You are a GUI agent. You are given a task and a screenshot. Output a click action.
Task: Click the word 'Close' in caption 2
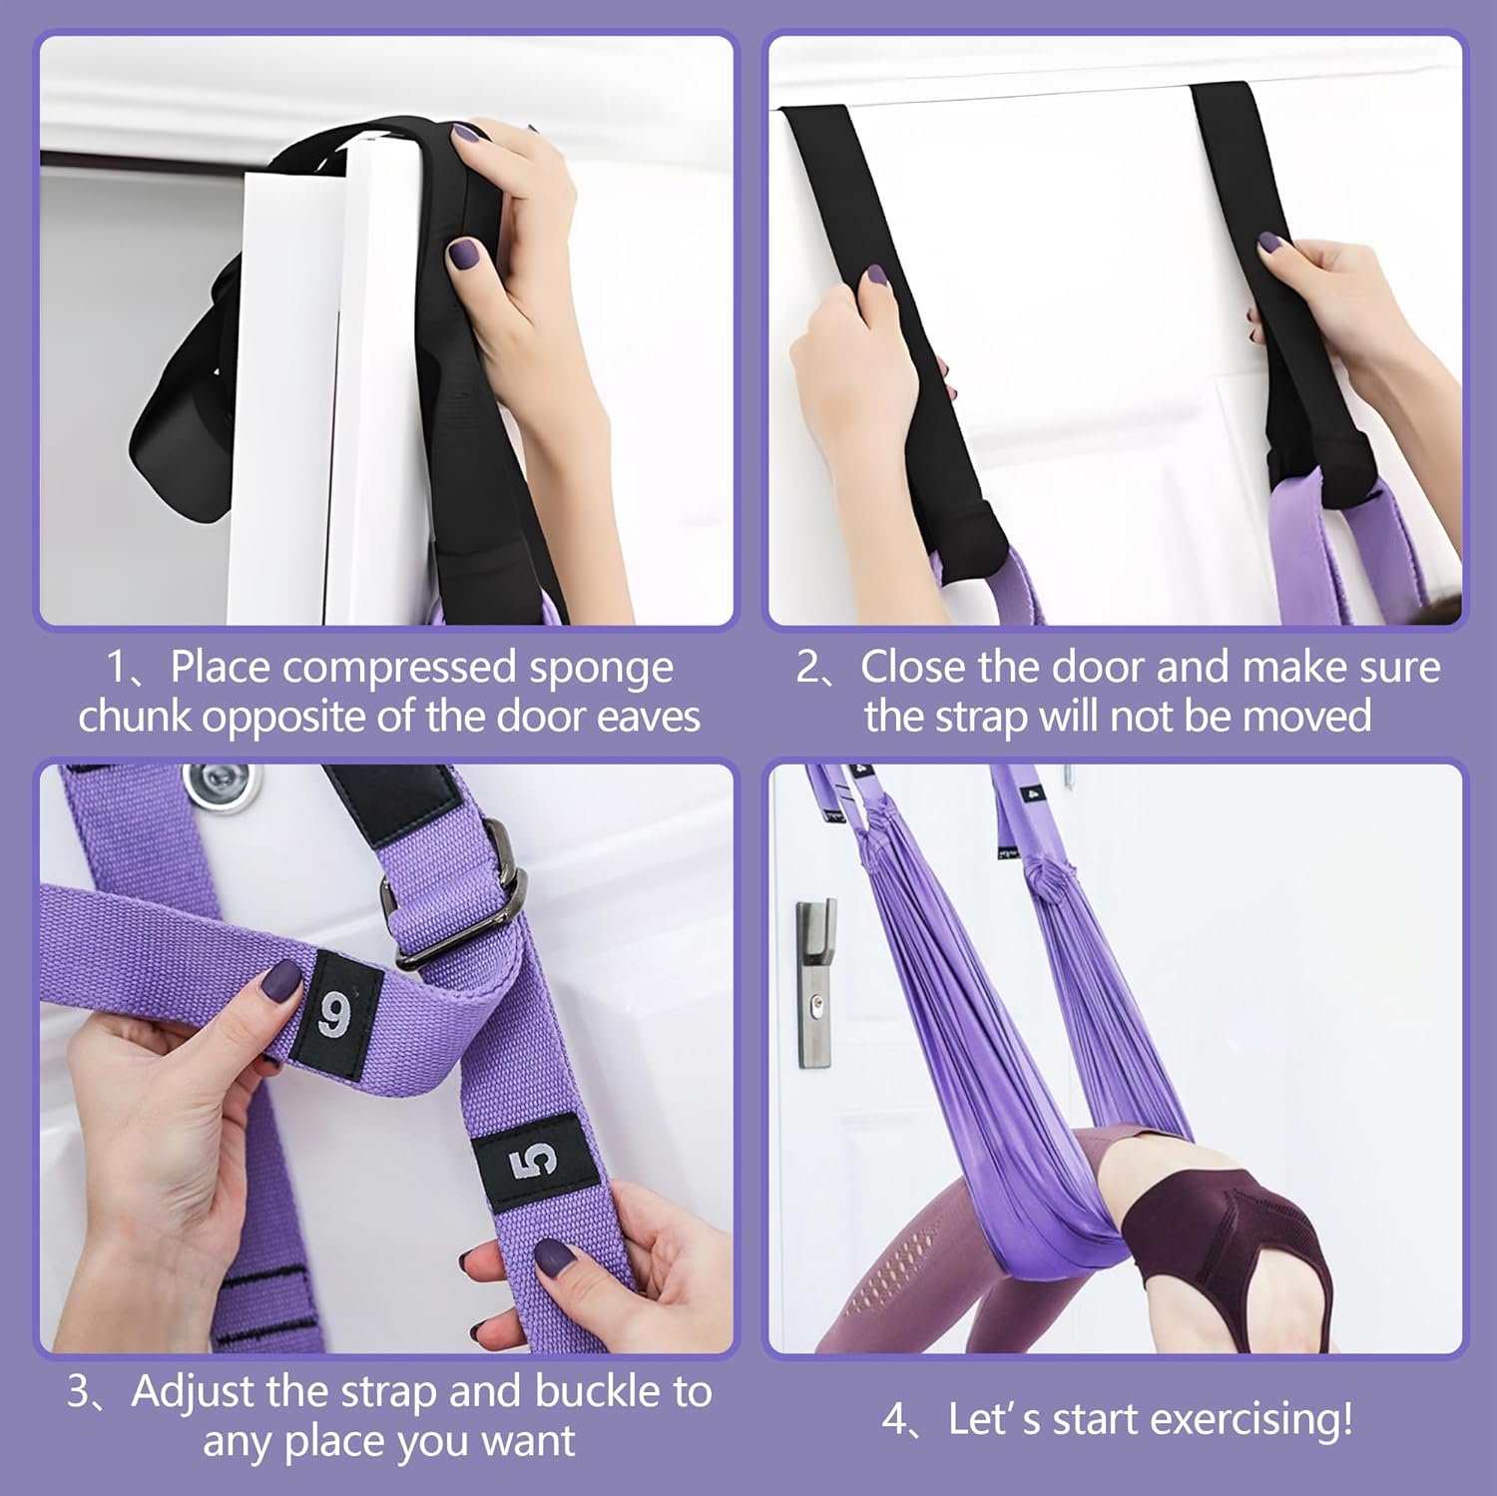pos(915,667)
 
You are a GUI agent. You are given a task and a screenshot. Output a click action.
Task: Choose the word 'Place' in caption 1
pos(221,667)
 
